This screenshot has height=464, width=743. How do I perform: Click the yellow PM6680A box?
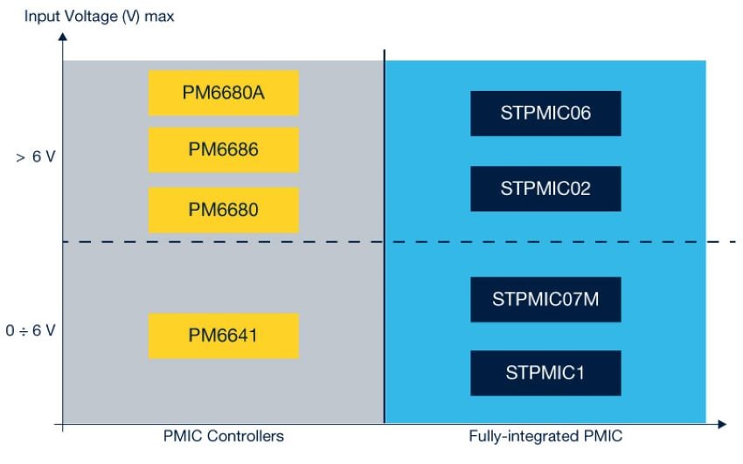tap(223, 93)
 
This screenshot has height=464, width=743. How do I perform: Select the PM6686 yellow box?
tap(223, 150)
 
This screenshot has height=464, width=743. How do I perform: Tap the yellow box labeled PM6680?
tap(223, 210)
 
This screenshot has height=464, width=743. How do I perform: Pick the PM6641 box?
tap(223, 336)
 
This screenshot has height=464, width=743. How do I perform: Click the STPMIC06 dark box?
tap(545, 114)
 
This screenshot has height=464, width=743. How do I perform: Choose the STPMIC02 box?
tap(545, 189)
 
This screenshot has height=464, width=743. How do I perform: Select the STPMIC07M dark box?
tap(545, 300)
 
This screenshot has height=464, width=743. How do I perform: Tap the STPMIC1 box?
tap(545, 373)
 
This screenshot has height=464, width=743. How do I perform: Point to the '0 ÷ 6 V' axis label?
tap(30, 331)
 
